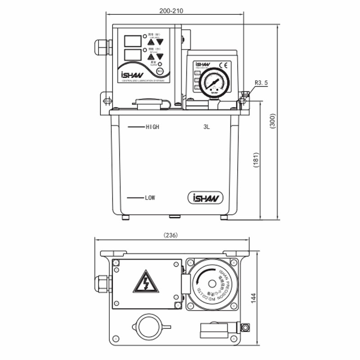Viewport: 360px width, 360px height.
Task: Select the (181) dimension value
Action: point(255,160)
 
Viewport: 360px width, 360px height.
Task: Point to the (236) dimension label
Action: point(171,235)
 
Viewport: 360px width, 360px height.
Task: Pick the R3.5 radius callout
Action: point(261,83)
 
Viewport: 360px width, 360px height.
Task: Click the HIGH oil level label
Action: point(153,127)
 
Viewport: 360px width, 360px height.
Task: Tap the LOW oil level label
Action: point(150,198)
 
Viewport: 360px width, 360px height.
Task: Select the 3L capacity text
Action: point(207,127)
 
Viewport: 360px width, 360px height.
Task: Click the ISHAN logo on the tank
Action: point(205,198)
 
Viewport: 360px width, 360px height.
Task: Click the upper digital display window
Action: point(130,39)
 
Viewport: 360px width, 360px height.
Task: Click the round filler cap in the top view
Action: point(148,326)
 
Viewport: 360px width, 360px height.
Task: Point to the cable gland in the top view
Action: point(103,284)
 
